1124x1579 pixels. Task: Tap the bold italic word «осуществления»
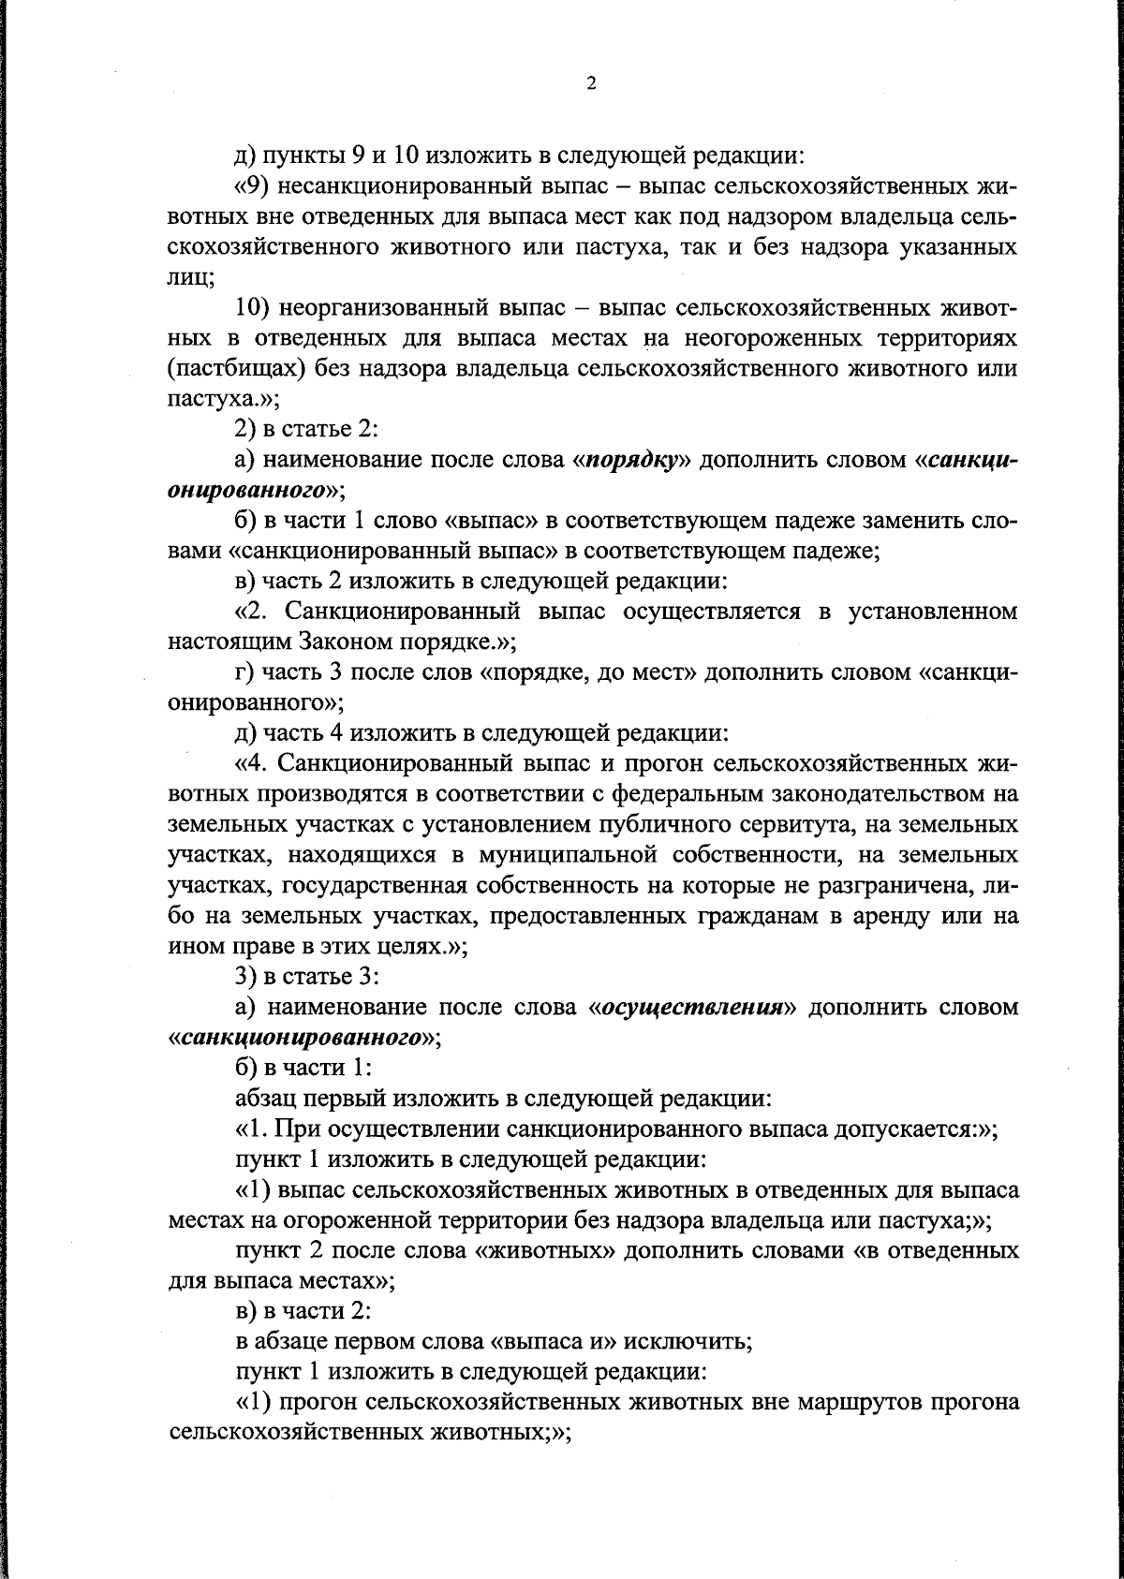click(x=691, y=1008)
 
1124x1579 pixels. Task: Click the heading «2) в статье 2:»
click(x=305, y=430)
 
